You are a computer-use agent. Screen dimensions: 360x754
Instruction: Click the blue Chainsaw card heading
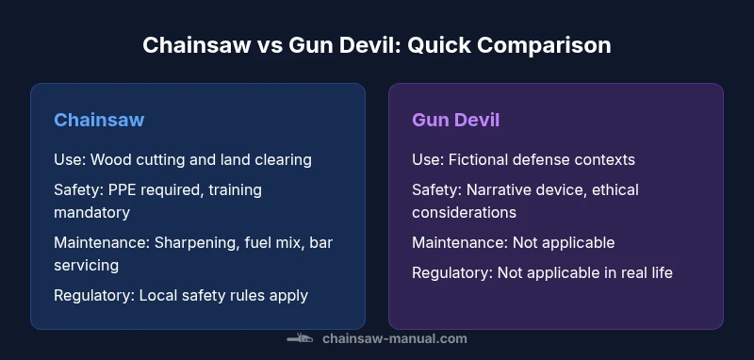pyautogui.click(x=99, y=120)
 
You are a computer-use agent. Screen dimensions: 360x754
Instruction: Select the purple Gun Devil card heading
pyautogui.click(x=455, y=120)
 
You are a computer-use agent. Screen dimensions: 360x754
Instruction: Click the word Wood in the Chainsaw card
pyautogui.click(x=110, y=159)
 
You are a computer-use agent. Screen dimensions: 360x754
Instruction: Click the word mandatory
pyautogui.click(x=91, y=212)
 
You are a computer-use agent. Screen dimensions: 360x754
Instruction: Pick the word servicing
pyautogui.click(x=86, y=265)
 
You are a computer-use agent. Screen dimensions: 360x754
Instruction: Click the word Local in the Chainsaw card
pyautogui.click(x=160, y=295)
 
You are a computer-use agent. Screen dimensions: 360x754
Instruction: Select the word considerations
pyautogui.click(x=464, y=212)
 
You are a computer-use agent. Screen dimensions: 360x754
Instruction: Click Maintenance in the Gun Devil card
pyautogui.click(x=459, y=242)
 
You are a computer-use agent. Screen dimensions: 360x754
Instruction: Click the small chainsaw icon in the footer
pyautogui.click(x=300, y=338)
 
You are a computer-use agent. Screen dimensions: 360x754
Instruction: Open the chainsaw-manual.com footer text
pyautogui.click(x=394, y=338)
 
